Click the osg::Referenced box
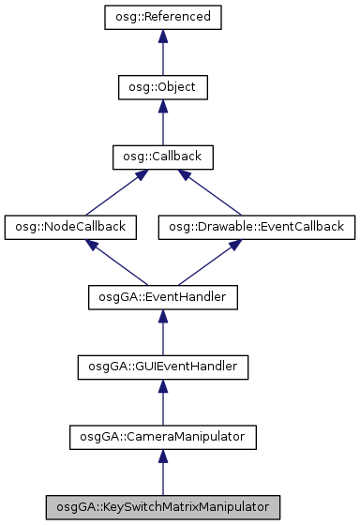[162, 17]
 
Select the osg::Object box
[162, 87]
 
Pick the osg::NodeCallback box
[70, 226]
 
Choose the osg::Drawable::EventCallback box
[256, 226]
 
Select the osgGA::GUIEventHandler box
[162, 367]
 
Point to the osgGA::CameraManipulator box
[162, 436]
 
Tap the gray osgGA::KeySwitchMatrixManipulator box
[162, 506]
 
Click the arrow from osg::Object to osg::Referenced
[162, 53]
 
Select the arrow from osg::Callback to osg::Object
[162, 123]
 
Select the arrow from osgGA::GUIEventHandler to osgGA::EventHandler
[162, 333]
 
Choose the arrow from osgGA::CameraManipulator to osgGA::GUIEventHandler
[162, 402]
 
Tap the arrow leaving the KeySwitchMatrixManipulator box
[162, 472]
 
